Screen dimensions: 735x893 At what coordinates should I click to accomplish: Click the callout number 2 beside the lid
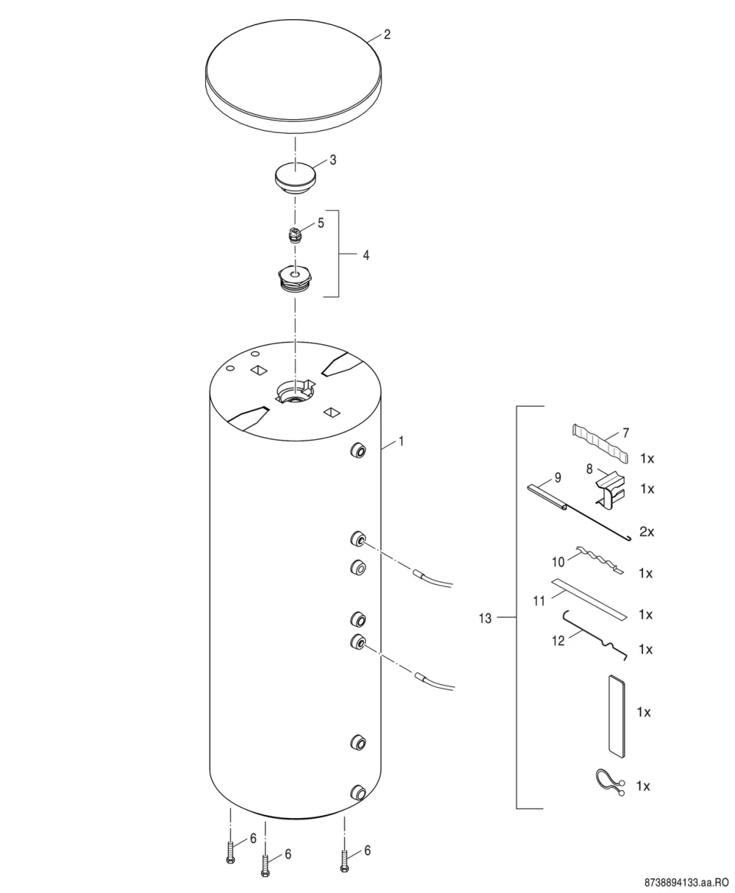(387, 35)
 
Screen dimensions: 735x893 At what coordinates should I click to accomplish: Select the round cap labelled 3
(295, 177)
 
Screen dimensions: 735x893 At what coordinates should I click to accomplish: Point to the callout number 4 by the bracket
(366, 255)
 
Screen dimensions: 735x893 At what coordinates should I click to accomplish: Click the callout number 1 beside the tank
(401, 442)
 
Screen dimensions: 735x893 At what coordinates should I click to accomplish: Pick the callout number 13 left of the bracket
(485, 619)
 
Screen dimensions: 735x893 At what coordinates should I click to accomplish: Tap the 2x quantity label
(647, 532)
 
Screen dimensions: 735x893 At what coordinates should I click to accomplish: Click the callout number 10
(558, 562)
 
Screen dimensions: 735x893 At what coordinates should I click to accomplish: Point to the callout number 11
(539, 601)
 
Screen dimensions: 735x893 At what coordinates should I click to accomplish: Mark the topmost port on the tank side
(358, 451)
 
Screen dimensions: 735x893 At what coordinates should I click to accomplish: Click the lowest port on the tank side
(358, 792)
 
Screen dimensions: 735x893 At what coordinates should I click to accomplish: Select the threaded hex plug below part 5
(295, 278)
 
